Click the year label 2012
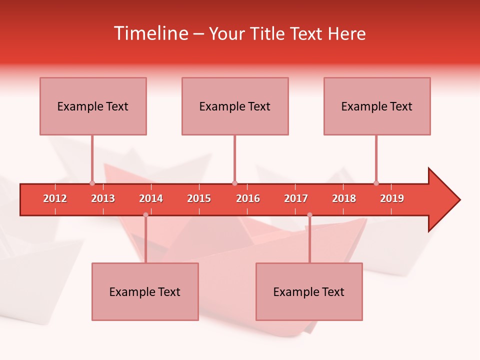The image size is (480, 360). [x=55, y=198]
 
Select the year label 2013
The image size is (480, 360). [x=103, y=198]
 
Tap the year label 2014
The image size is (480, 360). [x=151, y=198]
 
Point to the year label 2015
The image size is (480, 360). [x=199, y=198]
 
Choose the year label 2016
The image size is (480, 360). [x=248, y=198]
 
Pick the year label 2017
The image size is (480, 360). [x=296, y=198]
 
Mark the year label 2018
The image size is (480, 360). [x=344, y=198]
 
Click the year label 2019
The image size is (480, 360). [x=392, y=198]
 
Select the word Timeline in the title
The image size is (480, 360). [x=150, y=33]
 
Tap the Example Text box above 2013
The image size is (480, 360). [x=93, y=106]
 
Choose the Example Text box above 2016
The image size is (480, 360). [x=235, y=106]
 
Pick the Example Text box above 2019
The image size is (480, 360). [x=377, y=106]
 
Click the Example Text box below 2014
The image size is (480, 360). [x=145, y=291]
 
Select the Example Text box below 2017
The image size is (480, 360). [x=309, y=291]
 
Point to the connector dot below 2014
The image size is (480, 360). [x=145, y=215]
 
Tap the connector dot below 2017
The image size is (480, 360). [x=309, y=215]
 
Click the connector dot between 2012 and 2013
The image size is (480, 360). [x=92, y=183]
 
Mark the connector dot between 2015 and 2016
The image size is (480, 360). [x=234, y=183]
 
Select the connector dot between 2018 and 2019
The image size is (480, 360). [x=376, y=183]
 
